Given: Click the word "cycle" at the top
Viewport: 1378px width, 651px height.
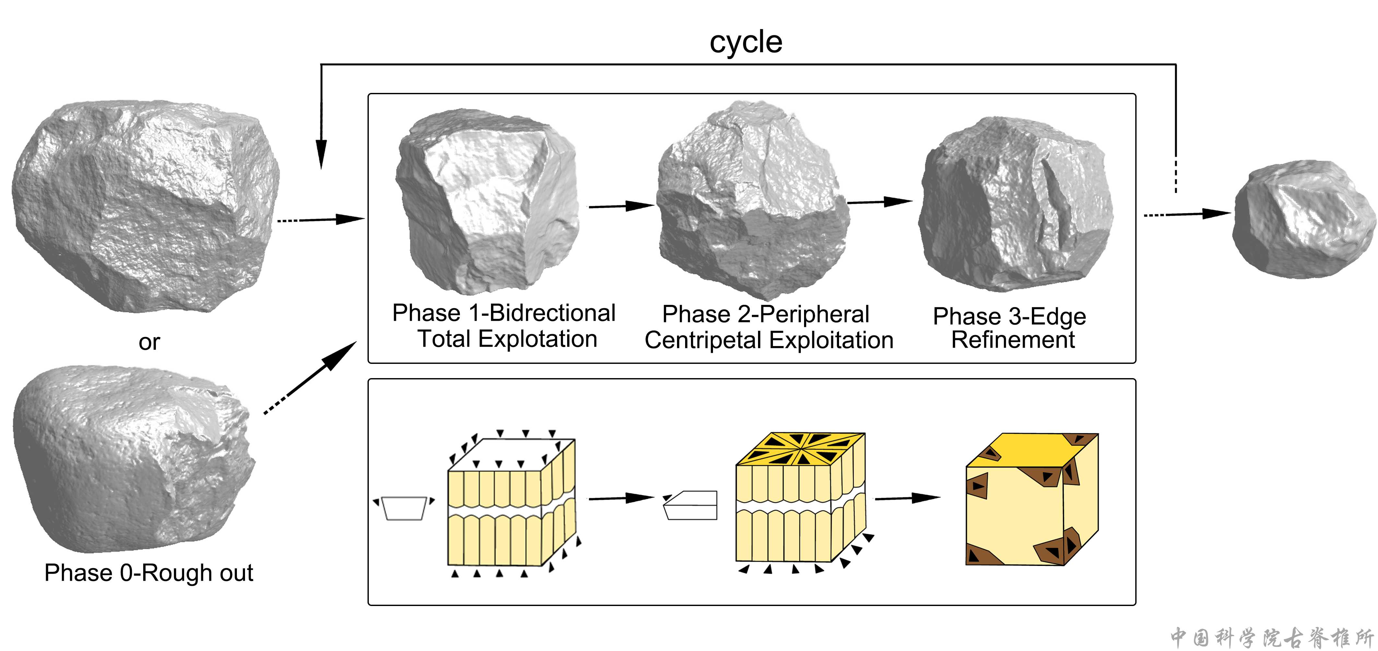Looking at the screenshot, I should (746, 42).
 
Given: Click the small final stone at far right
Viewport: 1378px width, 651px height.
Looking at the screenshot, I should (1304, 219).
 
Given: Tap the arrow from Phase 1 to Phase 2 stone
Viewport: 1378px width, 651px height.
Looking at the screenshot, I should (621, 206).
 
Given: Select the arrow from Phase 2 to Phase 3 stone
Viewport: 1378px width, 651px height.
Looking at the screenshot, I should (880, 202).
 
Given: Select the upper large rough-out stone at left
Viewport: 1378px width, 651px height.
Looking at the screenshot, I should (145, 206).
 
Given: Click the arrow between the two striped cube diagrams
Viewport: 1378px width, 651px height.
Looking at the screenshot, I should (621, 498).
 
